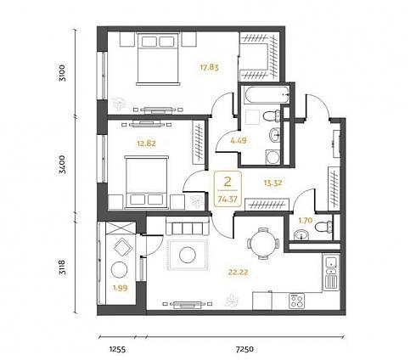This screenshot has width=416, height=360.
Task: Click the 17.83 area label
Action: click(x=210, y=68)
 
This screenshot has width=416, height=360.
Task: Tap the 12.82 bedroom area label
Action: click(x=146, y=143)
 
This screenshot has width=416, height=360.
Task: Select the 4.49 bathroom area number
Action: click(x=239, y=140)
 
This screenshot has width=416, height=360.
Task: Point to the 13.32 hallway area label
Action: click(x=273, y=183)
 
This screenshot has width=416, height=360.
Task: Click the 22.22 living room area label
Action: click(x=239, y=273)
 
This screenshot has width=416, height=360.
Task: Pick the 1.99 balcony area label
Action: click(x=121, y=289)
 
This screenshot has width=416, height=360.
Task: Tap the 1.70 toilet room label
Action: click(x=305, y=220)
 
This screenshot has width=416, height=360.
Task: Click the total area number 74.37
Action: click(x=228, y=200)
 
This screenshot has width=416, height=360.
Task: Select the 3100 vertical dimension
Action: click(x=62, y=73)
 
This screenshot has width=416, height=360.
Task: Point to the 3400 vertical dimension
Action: click(x=62, y=165)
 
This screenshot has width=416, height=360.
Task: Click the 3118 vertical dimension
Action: click(x=62, y=267)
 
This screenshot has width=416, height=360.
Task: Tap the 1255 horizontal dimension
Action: click(x=117, y=350)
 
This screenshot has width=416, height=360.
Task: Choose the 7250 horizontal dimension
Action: click(x=245, y=349)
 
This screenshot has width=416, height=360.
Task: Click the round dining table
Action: click(x=263, y=244)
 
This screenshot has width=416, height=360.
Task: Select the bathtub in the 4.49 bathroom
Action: click(x=265, y=95)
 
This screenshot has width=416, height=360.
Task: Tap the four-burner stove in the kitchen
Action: click(x=296, y=301)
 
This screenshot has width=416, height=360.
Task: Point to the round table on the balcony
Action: click(x=119, y=270)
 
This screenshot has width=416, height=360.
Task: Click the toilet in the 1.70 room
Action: click(x=323, y=227)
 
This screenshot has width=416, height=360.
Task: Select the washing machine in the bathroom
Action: click(x=273, y=157)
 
